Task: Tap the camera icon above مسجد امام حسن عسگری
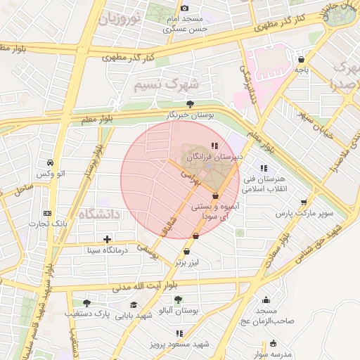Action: click(185, 8)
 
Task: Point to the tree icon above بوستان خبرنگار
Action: click(189, 103)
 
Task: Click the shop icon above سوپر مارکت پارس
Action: click(303, 202)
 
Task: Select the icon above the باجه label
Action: click(302, 60)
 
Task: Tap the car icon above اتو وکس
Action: click(51, 162)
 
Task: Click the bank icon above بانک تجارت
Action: click(47, 213)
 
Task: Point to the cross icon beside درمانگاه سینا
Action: click(107, 240)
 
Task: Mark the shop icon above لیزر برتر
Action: click(187, 252)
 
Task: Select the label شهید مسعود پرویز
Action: click(179, 344)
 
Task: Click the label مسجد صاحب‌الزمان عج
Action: click(266, 316)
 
